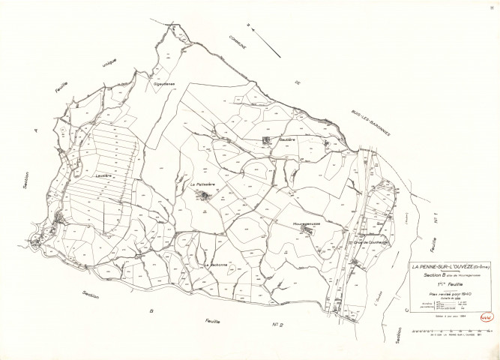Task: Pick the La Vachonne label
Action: pyautogui.click(x=216, y=264)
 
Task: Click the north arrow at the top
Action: pyautogui.click(x=266, y=42)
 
